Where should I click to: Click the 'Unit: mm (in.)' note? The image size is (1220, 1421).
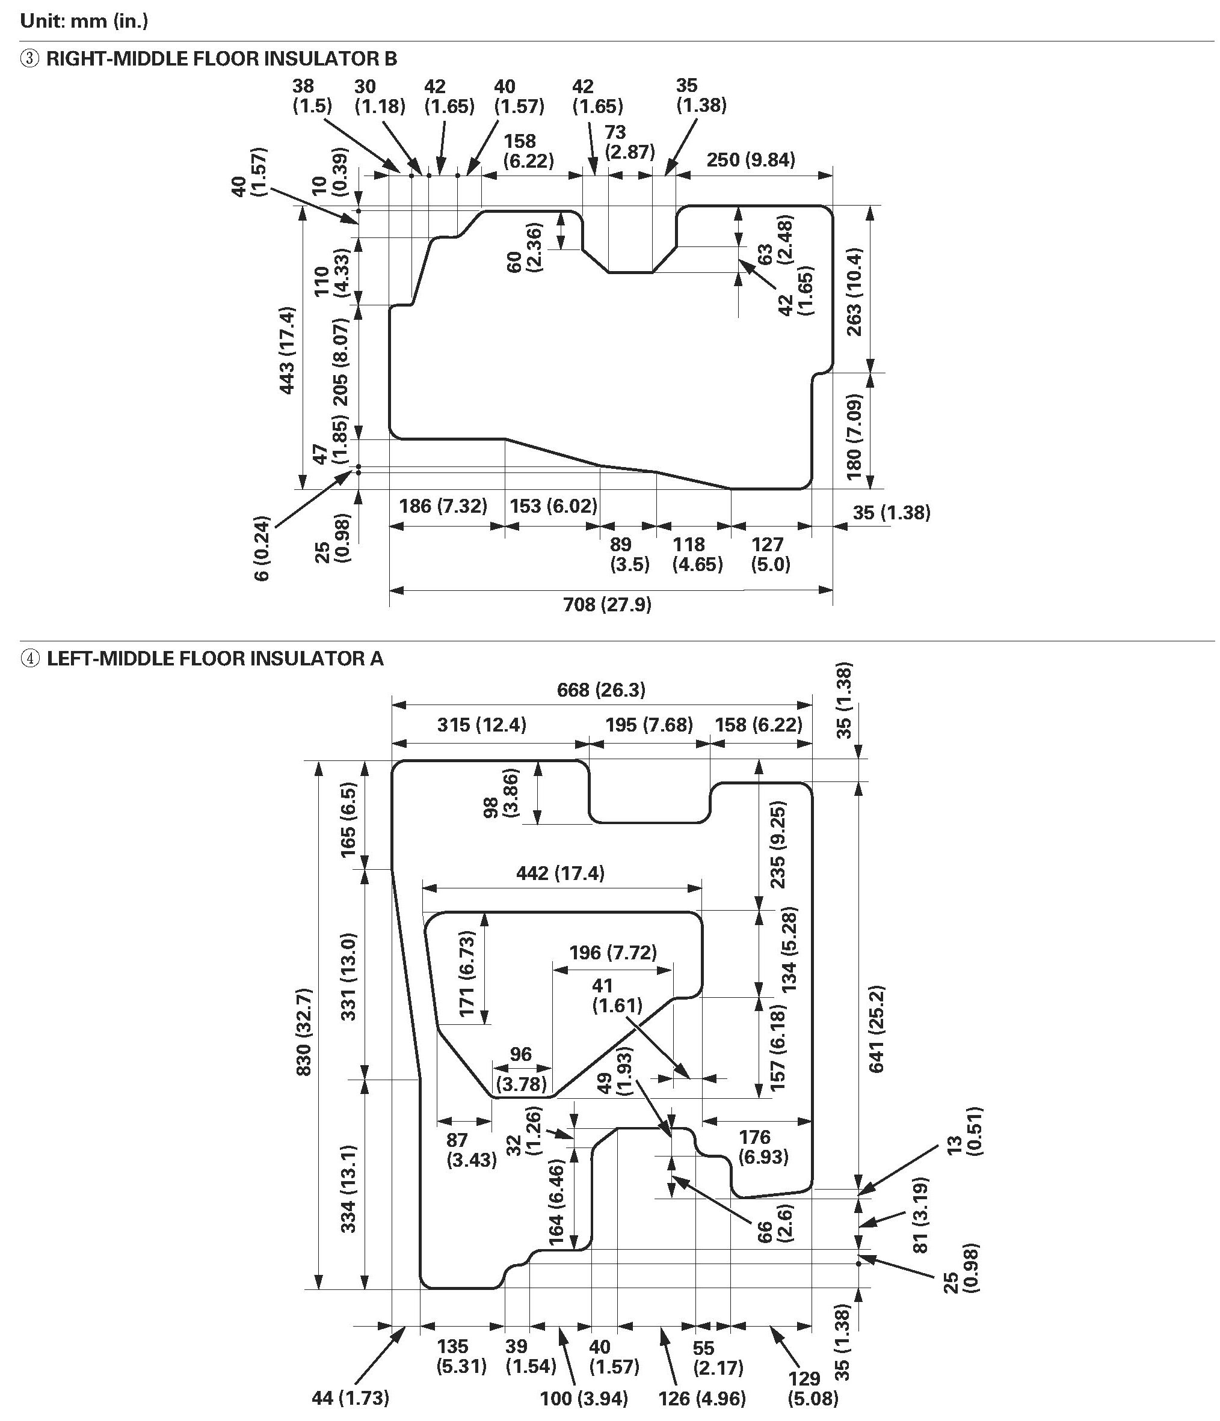point(84,20)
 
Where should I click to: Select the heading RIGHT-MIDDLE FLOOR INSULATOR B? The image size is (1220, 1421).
point(221,59)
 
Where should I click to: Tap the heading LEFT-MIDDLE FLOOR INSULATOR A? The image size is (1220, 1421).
point(215,659)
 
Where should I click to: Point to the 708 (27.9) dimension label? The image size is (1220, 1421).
point(607,604)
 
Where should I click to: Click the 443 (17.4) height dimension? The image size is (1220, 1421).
point(287,350)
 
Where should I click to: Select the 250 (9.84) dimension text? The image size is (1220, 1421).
point(751,160)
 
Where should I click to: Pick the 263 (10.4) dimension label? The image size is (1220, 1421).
point(855,292)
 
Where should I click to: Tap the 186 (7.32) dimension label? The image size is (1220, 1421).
point(443,506)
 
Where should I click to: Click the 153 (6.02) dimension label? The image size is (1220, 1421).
point(553,506)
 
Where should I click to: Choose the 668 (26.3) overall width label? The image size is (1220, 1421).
point(601,689)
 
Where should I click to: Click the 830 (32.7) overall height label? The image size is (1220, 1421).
point(304,1031)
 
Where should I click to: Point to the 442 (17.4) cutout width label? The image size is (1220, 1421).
point(560,873)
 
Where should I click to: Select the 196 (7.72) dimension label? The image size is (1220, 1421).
point(613,953)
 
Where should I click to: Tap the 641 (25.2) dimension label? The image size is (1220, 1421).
point(877,1028)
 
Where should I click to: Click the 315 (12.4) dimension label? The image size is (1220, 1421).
point(482,725)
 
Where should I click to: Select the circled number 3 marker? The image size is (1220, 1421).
point(29,59)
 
